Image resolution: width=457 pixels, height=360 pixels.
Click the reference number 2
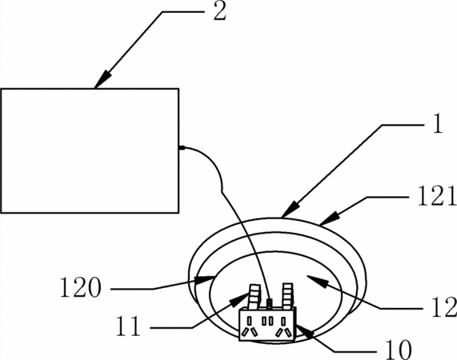(220, 12)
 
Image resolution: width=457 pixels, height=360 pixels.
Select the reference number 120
(81, 287)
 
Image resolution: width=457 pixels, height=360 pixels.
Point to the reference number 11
(128, 326)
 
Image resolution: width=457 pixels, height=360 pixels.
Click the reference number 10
(399, 350)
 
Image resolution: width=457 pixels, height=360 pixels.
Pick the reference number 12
(444, 307)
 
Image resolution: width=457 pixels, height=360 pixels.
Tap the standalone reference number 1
(437, 123)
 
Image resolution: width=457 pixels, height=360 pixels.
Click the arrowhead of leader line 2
(102, 79)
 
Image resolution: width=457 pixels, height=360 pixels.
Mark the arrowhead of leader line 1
(291, 209)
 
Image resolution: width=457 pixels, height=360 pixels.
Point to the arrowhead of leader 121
(330, 218)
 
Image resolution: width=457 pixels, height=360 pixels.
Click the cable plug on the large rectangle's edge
(182, 148)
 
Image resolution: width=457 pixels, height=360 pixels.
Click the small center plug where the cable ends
(270, 304)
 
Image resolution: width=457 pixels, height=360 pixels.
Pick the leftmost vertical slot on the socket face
(250, 321)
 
